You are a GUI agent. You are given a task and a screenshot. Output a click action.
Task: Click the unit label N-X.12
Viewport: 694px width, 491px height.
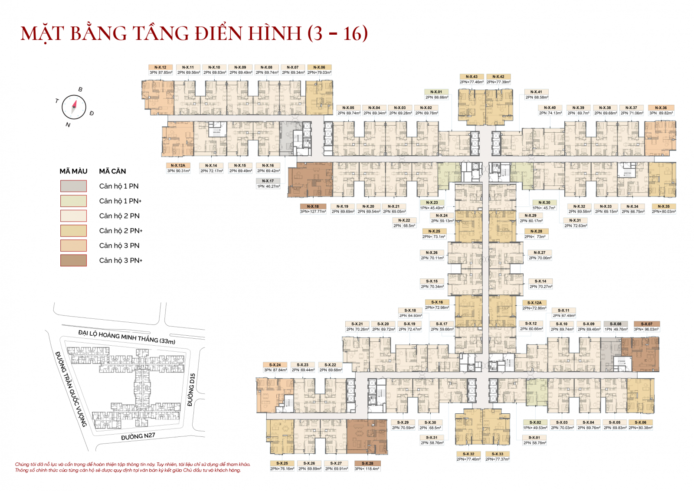(x=160, y=67)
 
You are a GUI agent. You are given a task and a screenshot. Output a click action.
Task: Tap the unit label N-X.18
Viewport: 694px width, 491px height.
(x=313, y=206)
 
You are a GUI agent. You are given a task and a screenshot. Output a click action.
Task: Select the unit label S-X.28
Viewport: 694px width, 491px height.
(x=367, y=463)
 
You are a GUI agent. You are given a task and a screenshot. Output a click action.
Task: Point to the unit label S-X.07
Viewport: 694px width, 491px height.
(x=646, y=324)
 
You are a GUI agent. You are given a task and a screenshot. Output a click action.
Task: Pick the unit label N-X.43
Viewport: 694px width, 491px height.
(x=471, y=77)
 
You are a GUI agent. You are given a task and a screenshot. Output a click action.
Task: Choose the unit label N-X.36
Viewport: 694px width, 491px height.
(x=661, y=108)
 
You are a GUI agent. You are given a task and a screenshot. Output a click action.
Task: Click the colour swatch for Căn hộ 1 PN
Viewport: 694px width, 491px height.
(x=73, y=186)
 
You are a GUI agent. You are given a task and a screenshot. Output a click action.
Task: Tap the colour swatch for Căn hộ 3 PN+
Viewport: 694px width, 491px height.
(x=73, y=260)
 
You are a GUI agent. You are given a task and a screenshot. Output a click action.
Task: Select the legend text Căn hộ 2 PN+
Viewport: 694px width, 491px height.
(x=121, y=231)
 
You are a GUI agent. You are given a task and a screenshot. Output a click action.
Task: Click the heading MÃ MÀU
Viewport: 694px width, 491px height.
(x=73, y=171)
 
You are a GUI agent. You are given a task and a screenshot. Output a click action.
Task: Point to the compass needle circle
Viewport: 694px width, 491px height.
(x=74, y=107)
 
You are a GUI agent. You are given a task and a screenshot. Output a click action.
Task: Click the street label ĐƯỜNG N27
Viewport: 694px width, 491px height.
(x=138, y=436)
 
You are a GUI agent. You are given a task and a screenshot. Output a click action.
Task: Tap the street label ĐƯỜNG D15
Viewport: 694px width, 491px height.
(x=191, y=390)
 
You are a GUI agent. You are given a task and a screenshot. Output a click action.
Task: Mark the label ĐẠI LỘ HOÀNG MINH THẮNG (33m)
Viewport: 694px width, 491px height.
(x=127, y=337)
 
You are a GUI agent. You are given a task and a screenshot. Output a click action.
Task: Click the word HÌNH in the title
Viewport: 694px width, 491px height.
(x=275, y=34)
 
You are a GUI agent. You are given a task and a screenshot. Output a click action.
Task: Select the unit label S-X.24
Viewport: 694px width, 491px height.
(x=275, y=365)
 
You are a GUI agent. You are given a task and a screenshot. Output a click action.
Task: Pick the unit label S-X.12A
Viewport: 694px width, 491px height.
(x=534, y=303)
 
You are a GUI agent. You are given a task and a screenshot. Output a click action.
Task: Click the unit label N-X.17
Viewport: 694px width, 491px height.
(x=268, y=181)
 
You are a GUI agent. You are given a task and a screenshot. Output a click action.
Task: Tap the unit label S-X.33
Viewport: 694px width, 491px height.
(x=497, y=454)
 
